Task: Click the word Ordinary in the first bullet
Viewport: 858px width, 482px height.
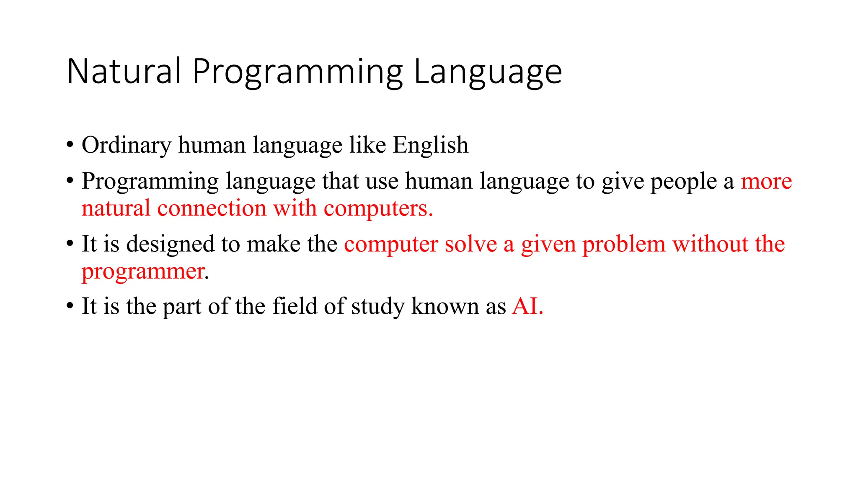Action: [126, 146]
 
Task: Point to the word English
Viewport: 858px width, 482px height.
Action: [430, 146]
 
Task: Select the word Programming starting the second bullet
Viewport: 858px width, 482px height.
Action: [150, 182]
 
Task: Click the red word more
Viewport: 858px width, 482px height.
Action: [766, 182]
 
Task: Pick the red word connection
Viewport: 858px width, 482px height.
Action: [212, 208]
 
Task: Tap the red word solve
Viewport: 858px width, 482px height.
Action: [470, 244]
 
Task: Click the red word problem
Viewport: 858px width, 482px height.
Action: [624, 244]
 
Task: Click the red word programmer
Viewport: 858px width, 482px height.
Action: [143, 272]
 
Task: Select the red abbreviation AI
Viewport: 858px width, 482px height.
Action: [527, 306]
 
